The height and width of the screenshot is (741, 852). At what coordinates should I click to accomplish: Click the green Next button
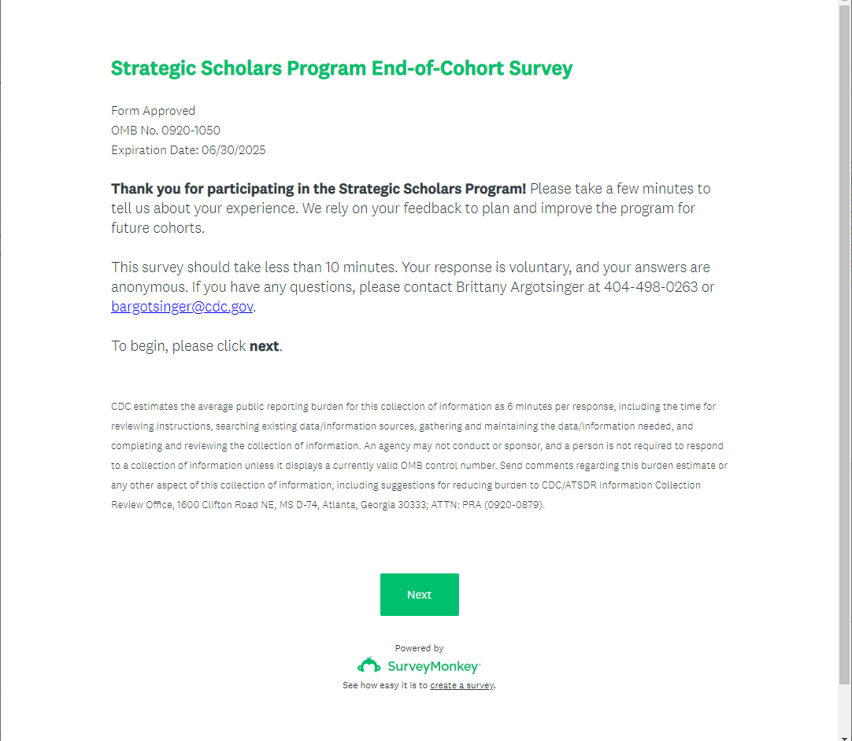point(419,595)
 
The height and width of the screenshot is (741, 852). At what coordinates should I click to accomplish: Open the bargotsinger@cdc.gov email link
point(182,307)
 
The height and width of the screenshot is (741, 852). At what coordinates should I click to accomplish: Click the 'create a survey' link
point(461,685)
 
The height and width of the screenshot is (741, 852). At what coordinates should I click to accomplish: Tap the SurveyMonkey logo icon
point(369,666)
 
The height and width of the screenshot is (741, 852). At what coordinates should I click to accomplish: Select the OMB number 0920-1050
point(191,131)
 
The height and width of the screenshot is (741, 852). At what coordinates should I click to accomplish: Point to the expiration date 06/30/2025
point(233,150)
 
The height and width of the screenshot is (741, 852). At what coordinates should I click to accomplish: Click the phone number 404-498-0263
point(650,287)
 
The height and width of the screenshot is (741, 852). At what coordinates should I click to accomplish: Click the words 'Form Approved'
point(153,111)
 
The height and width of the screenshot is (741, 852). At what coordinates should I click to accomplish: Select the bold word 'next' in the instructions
point(264,346)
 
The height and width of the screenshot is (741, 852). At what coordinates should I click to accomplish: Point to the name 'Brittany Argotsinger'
point(520,287)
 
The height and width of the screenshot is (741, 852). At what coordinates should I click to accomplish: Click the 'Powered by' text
point(419,648)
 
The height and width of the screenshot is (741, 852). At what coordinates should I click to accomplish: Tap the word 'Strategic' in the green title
point(153,68)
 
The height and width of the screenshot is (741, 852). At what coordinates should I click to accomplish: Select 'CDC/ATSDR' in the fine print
point(569,485)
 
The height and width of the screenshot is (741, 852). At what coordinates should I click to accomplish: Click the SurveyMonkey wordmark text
point(432,667)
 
